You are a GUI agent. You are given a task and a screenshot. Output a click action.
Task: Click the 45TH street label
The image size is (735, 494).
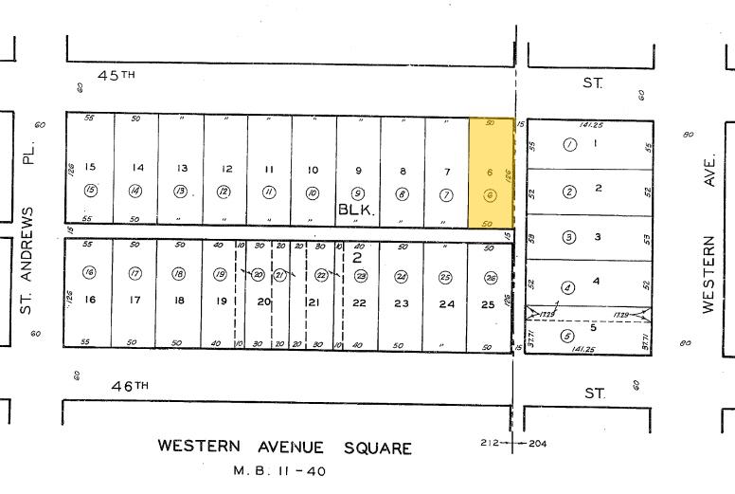pos(116,75)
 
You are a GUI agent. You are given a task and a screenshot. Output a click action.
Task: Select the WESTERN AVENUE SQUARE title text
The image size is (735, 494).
pos(284,448)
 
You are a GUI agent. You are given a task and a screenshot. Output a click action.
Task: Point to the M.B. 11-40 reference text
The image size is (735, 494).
pos(278,470)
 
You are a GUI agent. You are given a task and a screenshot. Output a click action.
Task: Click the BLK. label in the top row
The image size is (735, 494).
pos(356,212)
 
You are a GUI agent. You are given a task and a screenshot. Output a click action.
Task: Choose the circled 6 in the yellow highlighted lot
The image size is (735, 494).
pos(490,194)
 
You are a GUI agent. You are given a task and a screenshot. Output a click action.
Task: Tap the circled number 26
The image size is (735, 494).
pos(490,277)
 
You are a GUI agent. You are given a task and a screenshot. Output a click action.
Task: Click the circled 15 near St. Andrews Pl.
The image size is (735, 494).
pos(91,190)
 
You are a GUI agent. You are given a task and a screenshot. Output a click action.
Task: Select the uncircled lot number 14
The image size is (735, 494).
pos(137,168)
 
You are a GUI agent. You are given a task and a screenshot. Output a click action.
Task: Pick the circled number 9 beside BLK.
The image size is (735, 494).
pos(358,192)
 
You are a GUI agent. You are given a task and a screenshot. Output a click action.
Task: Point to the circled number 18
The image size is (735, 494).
pos(178,274)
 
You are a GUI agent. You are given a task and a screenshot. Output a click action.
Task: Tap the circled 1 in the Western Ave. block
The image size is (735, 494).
pos(569,145)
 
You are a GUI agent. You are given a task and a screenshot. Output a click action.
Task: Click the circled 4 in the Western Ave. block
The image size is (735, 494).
pos(568,287)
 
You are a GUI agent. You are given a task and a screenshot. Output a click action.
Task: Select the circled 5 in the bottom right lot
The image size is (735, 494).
pos(567,336)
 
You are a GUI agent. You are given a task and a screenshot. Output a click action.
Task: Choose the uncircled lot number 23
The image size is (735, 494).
pos(403,303)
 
